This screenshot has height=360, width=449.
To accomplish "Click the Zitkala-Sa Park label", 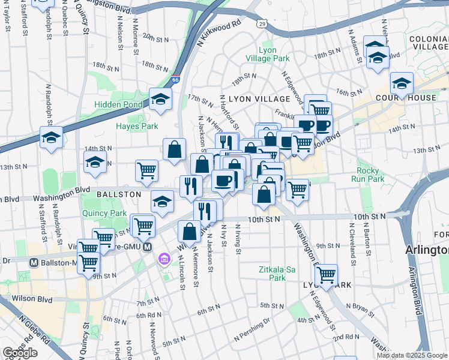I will pyautogui.click(x=277, y=274).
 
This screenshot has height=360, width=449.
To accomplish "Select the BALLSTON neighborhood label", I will pyautogui.click(x=119, y=194).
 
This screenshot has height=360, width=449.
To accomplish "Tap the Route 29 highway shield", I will pyautogui.click(x=262, y=23).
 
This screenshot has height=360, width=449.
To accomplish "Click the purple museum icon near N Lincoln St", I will pyautogui.click(x=163, y=259).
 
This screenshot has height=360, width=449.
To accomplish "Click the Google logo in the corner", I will pyautogui.click(x=20, y=352).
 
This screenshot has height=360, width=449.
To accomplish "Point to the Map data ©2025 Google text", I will pyautogui.click(x=412, y=355).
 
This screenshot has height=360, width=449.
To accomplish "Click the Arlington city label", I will pyautogui.click(x=427, y=249).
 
